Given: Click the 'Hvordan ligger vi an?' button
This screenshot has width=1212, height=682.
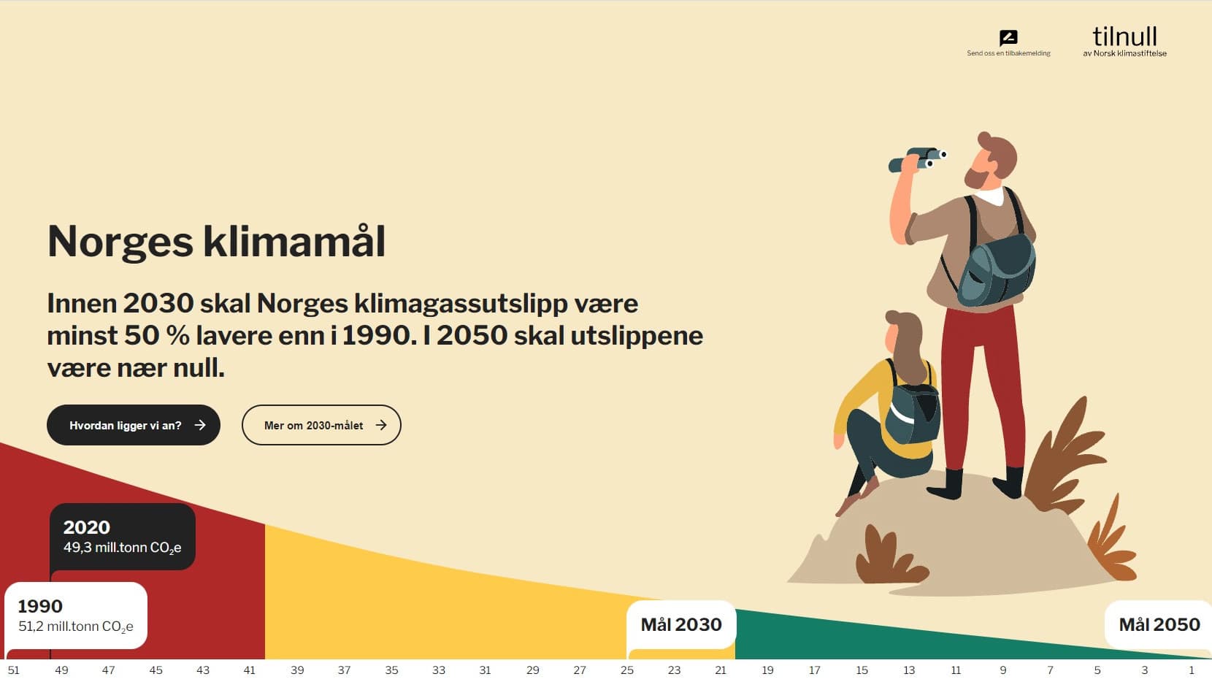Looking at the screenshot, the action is [134, 425].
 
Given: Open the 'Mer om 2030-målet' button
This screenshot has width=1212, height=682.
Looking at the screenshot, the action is [321, 425].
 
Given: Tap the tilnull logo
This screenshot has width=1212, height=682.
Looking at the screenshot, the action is [1124, 41].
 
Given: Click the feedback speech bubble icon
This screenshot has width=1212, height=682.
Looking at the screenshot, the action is [1008, 38].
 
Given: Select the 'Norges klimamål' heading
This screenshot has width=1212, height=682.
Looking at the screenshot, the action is [216, 242].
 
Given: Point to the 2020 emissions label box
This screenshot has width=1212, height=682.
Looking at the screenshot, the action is [123, 537].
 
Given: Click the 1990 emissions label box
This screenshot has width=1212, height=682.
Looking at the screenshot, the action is [76, 616].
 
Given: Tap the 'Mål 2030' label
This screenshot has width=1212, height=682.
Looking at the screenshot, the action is [681, 624].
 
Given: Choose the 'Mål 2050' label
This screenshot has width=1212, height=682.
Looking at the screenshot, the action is [1159, 624].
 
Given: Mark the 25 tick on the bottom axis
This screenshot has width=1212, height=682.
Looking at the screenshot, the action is [627, 670].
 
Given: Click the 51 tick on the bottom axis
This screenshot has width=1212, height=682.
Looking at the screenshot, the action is [14, 670].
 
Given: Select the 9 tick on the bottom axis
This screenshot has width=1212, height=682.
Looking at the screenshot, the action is [1003, 670].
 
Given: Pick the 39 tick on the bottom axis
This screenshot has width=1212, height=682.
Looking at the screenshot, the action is [297, 670].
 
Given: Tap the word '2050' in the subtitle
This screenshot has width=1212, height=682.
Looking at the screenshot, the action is [472, 336].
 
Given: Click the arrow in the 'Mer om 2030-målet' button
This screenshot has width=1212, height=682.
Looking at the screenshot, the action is [381, 425].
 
